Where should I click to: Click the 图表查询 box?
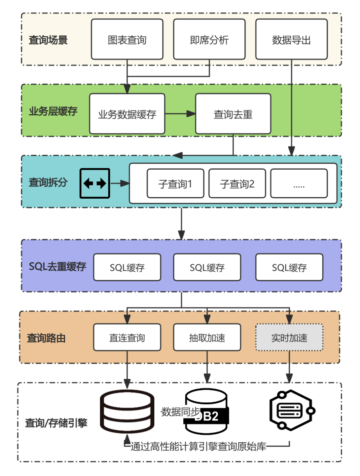[127, 39]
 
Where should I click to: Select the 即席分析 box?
[209, 39]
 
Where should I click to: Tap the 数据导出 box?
[291, 39]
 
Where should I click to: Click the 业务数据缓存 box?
[127, 114]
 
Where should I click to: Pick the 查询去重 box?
[233, 114]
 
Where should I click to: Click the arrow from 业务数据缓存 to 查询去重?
[180, 114]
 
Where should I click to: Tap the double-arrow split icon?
[95, 183]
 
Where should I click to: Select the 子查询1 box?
[175, 183]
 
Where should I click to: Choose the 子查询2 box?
[237, 183]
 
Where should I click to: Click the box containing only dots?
[299, 183]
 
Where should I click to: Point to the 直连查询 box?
[127, 337]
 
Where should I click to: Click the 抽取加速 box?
[207, 337]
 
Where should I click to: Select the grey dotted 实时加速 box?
[289, 337]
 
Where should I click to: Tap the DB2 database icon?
[206, 412]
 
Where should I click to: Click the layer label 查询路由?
[46, 338]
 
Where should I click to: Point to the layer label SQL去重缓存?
[57, 266]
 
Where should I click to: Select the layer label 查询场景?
[48, 40]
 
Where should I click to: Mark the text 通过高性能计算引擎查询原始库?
[198, 447]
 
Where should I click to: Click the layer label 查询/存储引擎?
[56, 423]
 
